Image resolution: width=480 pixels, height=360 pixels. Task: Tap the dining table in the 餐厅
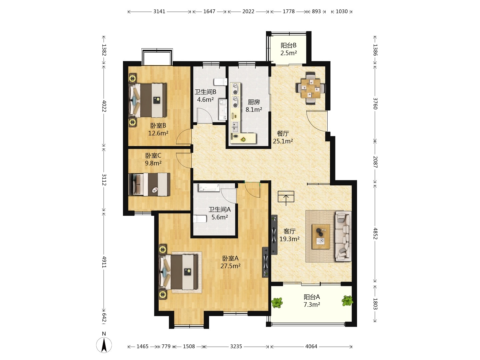(310, 88)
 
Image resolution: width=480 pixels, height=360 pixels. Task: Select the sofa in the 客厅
(343, 236)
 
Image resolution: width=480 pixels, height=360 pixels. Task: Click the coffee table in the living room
(321, 237)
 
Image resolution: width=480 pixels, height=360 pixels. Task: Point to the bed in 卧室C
(149, 184)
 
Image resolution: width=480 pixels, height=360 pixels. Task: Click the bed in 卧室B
(148, 100)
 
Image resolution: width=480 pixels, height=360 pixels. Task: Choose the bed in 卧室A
(178, 272)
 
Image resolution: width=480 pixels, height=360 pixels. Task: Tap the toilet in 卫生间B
(220, 82)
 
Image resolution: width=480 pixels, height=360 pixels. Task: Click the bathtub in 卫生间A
(209, 188)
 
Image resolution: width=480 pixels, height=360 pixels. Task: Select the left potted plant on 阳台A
(277, 303)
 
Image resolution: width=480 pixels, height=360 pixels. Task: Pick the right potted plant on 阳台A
(347, 301)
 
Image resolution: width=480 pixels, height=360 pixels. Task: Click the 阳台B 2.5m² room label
(288, 49)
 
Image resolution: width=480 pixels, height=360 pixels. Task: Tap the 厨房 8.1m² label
(254, 106)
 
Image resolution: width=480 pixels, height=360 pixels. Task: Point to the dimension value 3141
(159, 12)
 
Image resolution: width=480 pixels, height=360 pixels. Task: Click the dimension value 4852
(375, 233)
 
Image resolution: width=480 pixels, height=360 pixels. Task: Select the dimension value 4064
(311, 346)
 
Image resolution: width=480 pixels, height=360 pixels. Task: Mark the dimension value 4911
(104, 262)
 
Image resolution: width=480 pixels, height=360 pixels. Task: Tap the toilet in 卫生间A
(200, 219)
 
